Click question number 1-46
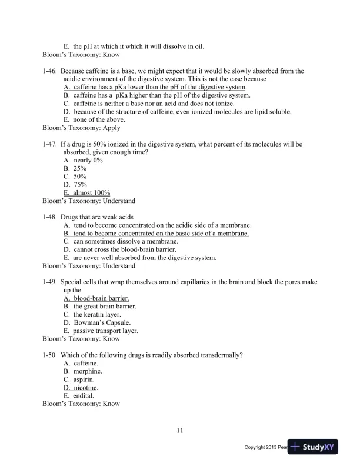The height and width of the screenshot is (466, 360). coord(50,71)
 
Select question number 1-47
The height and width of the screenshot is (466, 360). coord(50,144)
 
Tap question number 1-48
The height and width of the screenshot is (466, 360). coord(50,217)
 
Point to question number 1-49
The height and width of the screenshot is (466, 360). coord(50,282)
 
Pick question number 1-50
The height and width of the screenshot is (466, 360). coord(50,355)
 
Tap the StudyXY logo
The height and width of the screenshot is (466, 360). coord(321,447)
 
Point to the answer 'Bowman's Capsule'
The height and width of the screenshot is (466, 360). coord(102,323)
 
